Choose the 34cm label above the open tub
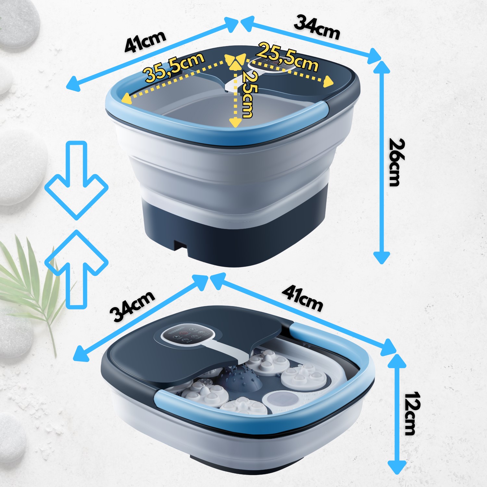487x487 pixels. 317,28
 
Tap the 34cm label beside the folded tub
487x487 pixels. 132,306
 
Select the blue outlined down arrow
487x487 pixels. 76,180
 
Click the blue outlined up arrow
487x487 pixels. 76,269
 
